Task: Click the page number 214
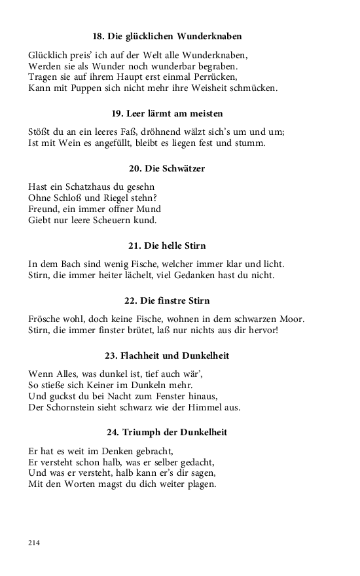(35, 543)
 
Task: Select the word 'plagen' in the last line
(202, 484)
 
